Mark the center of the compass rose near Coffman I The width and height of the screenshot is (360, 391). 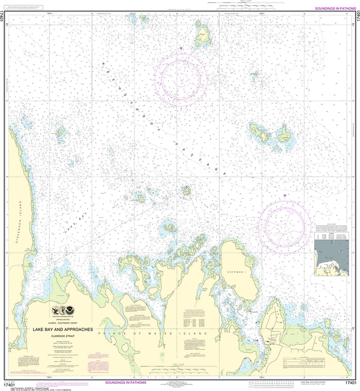tap(284, 225)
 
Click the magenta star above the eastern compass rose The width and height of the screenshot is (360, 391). tap(284, 196)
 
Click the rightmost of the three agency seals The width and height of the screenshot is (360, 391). tap(73, 311)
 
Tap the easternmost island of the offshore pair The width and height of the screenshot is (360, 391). tap(280, 137)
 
